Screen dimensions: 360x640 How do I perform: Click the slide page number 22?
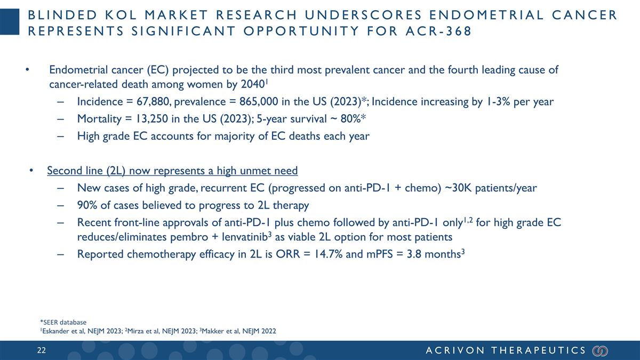pyautogui.click(x=41, y=350)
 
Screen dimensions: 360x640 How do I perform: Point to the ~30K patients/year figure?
pyautogui.click(x=489, y=188)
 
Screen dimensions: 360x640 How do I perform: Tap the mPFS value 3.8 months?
pyautogui.click(x=434, y=254)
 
